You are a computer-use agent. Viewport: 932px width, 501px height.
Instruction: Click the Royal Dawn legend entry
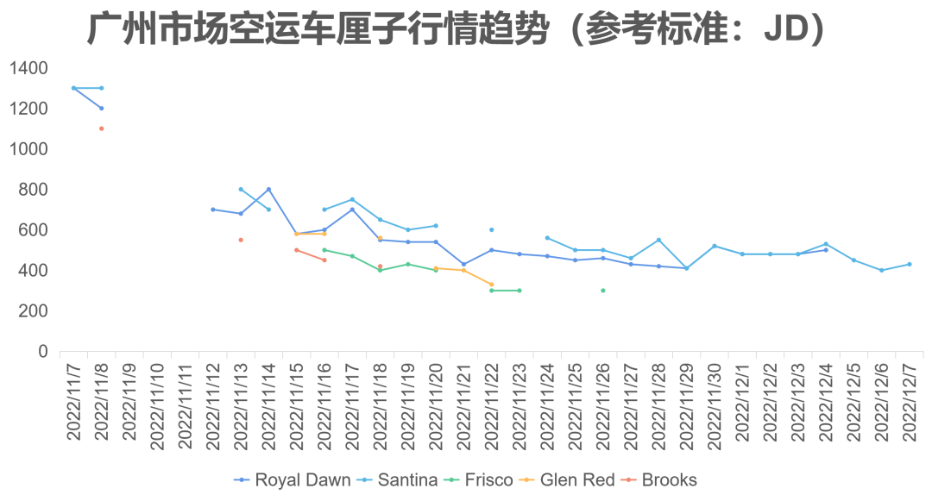tap(301, 480)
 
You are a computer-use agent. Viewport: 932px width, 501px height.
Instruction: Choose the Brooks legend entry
tap(669, 480)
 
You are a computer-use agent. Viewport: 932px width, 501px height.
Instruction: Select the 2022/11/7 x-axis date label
tap(73, 402)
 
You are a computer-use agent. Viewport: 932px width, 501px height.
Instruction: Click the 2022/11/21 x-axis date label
tap(463, 402)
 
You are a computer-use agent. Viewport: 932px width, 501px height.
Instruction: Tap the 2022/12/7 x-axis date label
tap(909, 402)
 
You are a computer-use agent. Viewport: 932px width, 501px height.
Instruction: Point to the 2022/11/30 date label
tap(715, 402)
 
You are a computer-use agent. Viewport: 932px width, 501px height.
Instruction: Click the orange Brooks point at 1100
tap(101, 128)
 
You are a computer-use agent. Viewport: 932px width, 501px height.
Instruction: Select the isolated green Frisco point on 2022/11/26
tap(602, 291)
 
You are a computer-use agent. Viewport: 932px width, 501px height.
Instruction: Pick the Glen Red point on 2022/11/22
tap(491, 285)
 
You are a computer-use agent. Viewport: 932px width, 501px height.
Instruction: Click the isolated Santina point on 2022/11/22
tap(491, 230)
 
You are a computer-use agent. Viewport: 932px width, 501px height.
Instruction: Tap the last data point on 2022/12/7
tap(909, 265)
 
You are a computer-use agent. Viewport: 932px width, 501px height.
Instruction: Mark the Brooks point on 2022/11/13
tap(241, 240)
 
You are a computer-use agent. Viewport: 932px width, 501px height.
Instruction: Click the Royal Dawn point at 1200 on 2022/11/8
tap(101, 109)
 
